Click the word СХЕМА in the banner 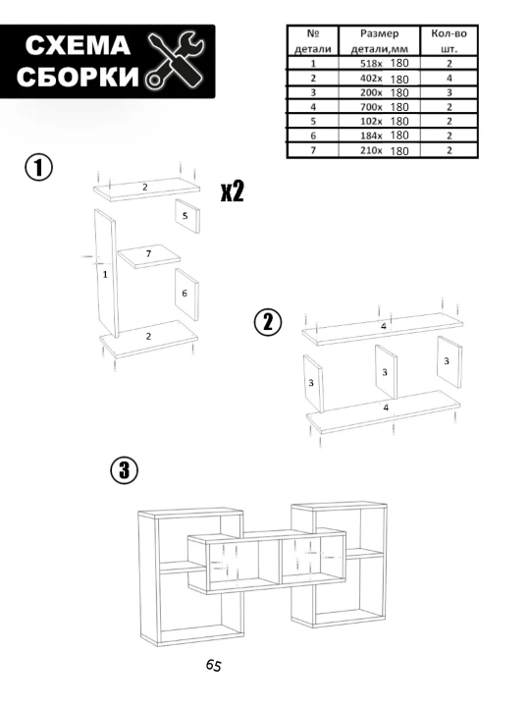coord(78,45)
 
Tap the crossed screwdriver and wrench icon coord(175,59)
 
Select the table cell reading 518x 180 coord(379,63)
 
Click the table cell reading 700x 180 coord(379,107)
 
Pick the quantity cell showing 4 coord(449,78)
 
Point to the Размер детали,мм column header coord(379,41)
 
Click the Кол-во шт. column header coord(449,41)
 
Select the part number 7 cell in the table coord(313,150)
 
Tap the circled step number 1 coord(38,168)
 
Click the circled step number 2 coord(268,323)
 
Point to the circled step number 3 coord(125,470)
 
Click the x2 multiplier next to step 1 coord(232,191)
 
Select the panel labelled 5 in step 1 coord(187,216)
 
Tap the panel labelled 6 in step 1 coord(186,295)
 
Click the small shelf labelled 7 coord(149,256)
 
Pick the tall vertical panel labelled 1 coord(106,273)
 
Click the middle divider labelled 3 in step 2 coord(387,372)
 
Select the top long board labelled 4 coord(383,329)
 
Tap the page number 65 coord(214,665)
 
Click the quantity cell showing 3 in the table coord(449,93)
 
